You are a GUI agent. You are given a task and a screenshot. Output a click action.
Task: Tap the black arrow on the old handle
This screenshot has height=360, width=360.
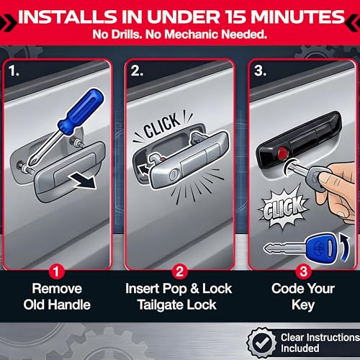83,181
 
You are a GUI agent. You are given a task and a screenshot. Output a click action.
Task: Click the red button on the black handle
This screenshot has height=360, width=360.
283,152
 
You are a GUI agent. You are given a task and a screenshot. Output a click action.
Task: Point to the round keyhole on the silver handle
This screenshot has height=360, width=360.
174,175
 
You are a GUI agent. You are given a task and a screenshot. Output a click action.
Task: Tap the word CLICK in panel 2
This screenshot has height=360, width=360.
161,125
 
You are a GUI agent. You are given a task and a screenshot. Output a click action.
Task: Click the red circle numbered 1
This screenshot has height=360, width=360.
56,271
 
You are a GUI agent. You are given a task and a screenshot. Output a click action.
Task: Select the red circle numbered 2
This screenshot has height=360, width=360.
180,271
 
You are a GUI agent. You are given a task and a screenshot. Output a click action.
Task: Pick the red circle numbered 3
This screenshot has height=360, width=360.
303,271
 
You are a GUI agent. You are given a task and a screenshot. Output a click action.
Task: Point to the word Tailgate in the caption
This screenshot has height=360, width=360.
160,305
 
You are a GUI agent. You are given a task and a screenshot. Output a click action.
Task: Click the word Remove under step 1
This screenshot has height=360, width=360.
57,289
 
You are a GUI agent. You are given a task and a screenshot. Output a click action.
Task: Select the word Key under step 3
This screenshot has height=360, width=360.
303,305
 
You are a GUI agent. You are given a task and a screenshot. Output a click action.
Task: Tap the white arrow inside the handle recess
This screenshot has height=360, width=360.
143,170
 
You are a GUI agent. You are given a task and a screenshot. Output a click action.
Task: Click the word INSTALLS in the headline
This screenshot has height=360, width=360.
66,17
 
